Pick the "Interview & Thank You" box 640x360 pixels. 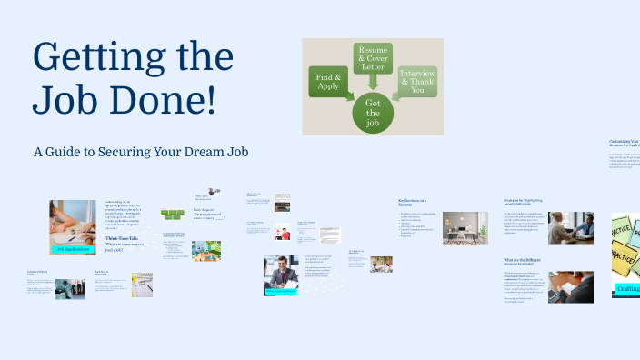coord(417,83)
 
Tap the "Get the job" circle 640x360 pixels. coord(373,114)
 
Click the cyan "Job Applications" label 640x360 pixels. coord(73,248)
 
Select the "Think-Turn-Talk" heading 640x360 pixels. coord(122,238)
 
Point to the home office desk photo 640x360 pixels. coord(465,227)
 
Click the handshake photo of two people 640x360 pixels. coord(571,227)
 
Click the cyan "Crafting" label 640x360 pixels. coord(626,289)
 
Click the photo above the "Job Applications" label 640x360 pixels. coord(73,221)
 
